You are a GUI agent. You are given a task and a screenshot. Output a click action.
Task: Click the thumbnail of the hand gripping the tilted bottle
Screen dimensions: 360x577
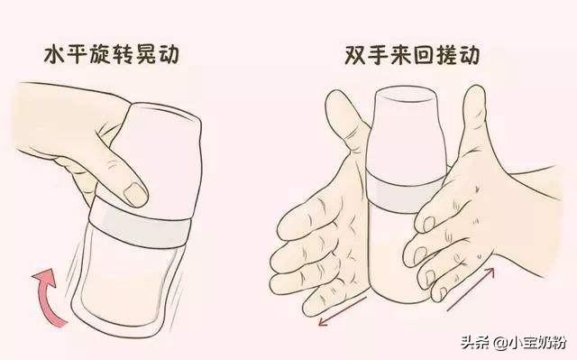pos(135,192)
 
